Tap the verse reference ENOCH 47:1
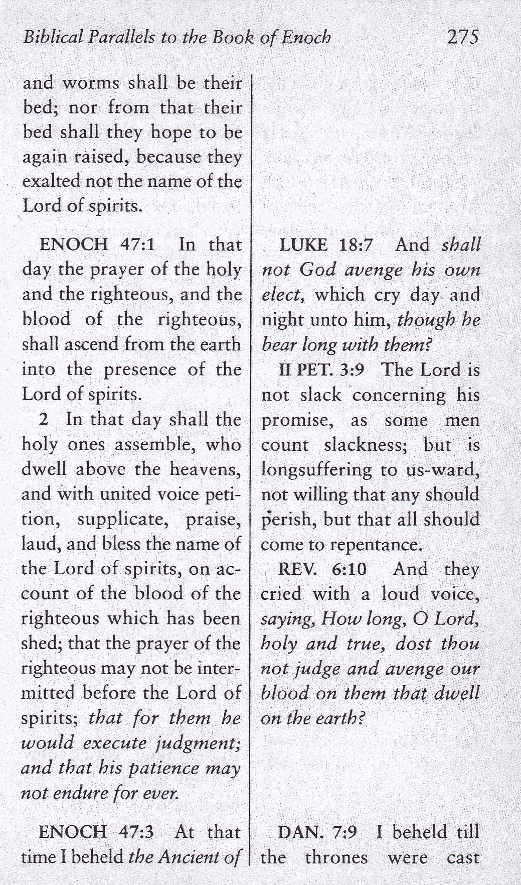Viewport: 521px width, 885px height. point(97,245)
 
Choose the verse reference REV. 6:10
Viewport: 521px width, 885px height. point(323,569)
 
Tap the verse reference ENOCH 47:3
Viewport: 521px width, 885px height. point(96,832)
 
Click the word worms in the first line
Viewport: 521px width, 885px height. point(93,83)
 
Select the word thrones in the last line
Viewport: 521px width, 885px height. point(336,857)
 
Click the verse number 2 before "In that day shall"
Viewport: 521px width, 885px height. point(44,420)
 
